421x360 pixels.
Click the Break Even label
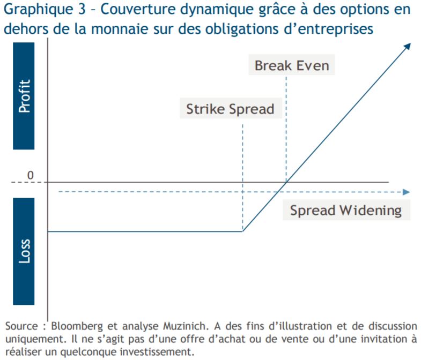pos(292,65)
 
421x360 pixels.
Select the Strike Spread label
pos(231,109)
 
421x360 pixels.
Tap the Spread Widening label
pos(346,211)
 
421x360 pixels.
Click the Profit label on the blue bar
pos(24,96)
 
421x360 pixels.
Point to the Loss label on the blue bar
pos(24,251)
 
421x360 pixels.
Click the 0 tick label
pos(31,175)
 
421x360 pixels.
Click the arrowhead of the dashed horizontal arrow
pos(406,192)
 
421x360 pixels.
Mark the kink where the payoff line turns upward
pos(242,231)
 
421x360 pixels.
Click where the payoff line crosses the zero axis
pos(286,182)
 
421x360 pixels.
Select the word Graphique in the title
pos(39,10)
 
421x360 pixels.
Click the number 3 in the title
pos(82,9)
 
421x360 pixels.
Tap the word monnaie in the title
pos(120,29)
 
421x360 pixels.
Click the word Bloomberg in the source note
pos(77,326)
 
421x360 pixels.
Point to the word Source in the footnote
pos(22,326)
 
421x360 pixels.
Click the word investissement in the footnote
pos(157,351)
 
